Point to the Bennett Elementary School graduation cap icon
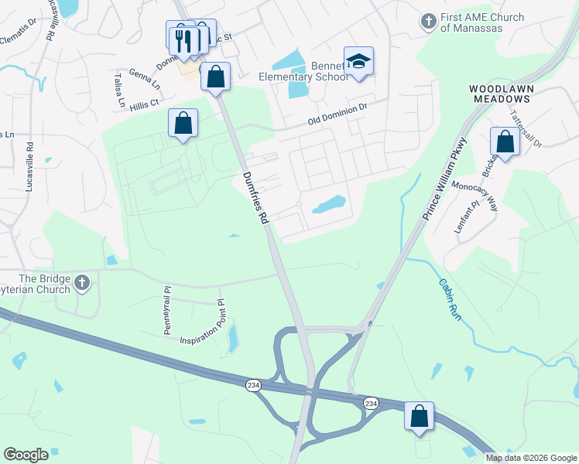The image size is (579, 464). coord(358,60)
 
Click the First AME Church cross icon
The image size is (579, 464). coord(429,22)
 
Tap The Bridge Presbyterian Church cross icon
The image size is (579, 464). coord(83,285)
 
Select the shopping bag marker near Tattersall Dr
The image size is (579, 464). coord(505,142)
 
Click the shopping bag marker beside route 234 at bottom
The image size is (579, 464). coord(419,416)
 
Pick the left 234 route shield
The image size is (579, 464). coord(253,384)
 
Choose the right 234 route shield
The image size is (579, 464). coord(370,403)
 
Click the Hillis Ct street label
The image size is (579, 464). coord(143,102)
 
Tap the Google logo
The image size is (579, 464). coord(26,455)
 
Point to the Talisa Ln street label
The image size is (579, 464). coord(120,91)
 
